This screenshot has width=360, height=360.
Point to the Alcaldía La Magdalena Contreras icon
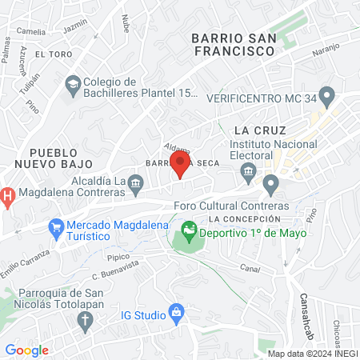pyautogui.click(x=136, y=185)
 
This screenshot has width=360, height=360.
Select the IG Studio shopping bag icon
pyautogui.click(x=175, y=314)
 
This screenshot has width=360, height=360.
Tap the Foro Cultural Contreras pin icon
pyautogui.click(x=271, y=186)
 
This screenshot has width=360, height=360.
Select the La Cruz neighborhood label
pyautogui.click(x=255, y=130)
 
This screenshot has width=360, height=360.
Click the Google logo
pyautogui.click(x=26, y=350)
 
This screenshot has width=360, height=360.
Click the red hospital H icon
pyautogui.click(x=6, y=195)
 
